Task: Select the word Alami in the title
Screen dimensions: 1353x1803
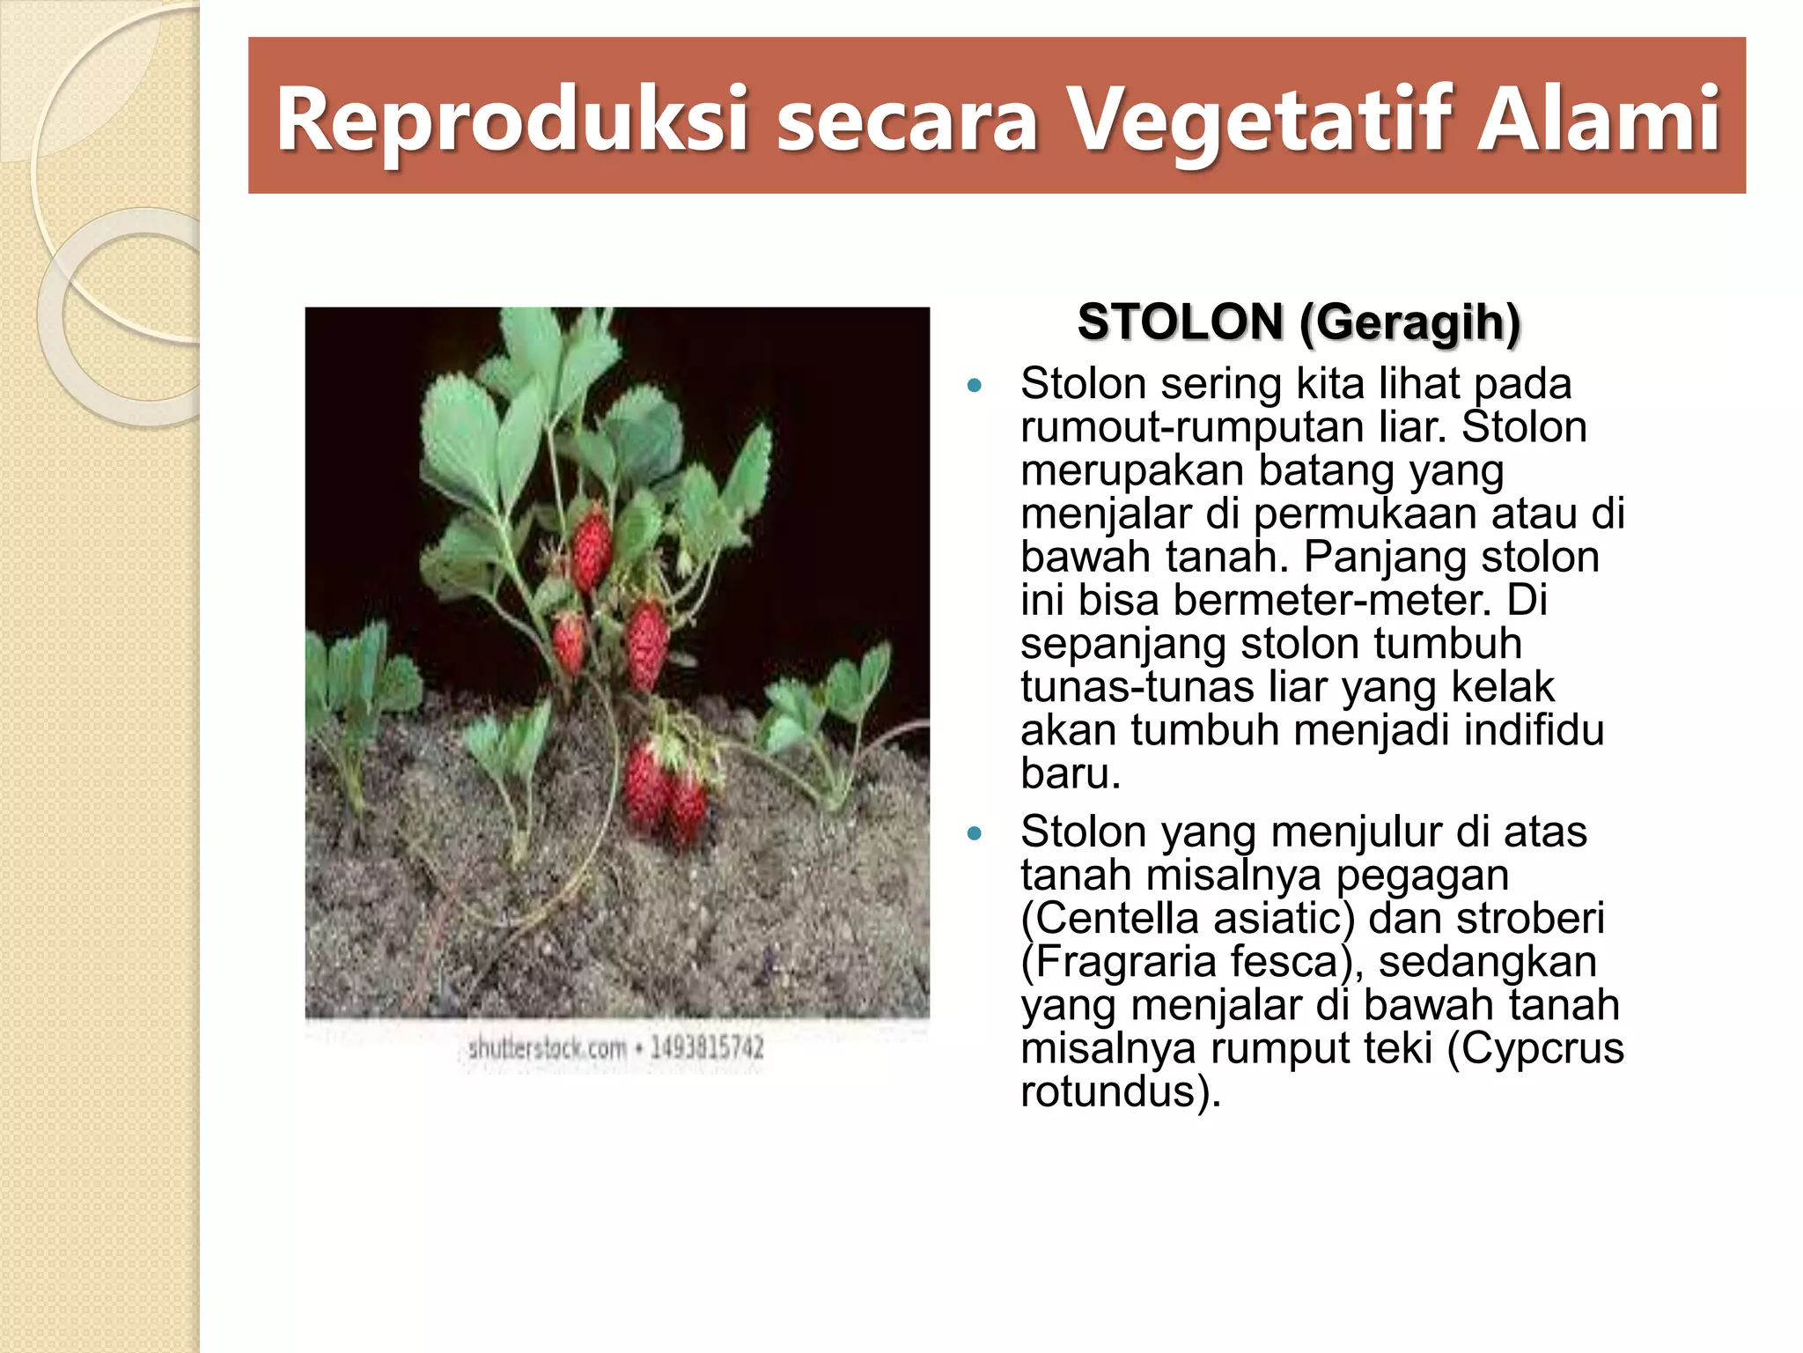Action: coord(1598,119)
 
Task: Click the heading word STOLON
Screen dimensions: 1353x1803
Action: coord(1180,322)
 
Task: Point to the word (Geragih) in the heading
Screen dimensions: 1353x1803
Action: coord(1409,323)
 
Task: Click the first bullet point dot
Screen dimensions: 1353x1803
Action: coord(974,385)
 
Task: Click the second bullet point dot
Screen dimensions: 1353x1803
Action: coord(974,833)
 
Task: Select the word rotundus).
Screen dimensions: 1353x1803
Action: coord(1121,1091)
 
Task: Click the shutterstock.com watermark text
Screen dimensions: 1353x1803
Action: coord(547,1048)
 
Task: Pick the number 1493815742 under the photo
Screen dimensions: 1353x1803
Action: coord(707,1048)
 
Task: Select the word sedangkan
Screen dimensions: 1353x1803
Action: coord(1487,962)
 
